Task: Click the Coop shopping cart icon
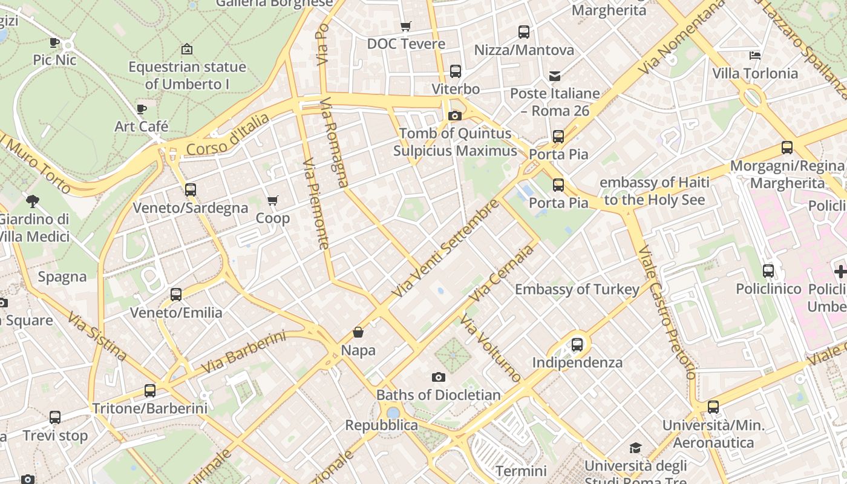[x=273, y=200]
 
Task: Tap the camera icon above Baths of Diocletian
[x=439, y=377]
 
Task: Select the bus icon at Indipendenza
[x=577, y=345]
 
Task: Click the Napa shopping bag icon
[x=358, y=332]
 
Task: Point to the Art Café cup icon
[x=142, y=109]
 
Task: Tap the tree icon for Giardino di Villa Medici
[x=33, y=201]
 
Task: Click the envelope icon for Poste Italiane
[x=555, y=76]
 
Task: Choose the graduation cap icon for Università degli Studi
[x=635, y=448]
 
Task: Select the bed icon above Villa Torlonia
[x=755, y=56]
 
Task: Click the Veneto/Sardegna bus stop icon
[x=191, y=190]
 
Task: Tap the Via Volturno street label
[x=490, y=348]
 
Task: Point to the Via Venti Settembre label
[x=446, y=248]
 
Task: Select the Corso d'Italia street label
[x=227, y=134]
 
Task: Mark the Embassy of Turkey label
[x=577, y=289]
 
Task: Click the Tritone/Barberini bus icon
[x=150, y=391]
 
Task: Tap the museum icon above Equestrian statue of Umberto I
[x=187, y=49]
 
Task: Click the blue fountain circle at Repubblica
[x=393, y=413]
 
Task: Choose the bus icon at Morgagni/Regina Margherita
[x=787, y=147]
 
